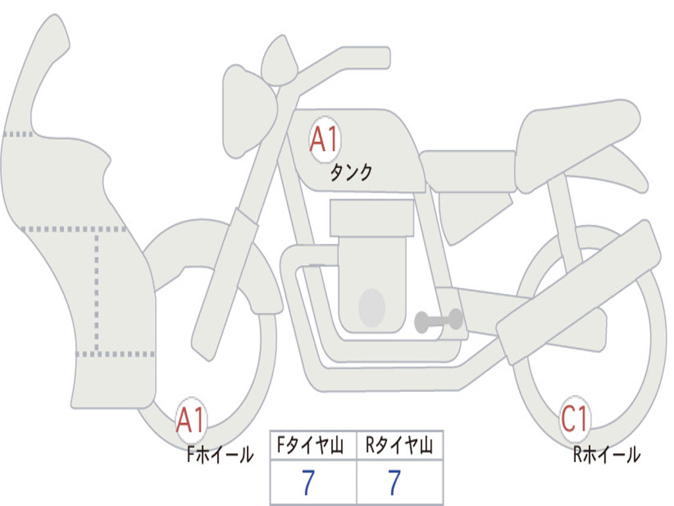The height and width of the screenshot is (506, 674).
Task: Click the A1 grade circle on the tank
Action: tap(324, 139)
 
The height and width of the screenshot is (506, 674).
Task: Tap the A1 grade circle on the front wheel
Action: tap(191, 420)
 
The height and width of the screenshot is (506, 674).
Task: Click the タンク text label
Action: tap(351, 173)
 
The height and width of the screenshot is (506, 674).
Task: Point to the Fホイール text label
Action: tap(220, 455)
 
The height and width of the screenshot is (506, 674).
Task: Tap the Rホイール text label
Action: tap(606, 455)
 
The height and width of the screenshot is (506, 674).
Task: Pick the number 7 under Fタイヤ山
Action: tap(308, 483)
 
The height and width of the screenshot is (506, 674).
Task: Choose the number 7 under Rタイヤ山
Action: tap(394, 483)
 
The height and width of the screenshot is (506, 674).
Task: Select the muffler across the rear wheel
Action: tap(579, 290)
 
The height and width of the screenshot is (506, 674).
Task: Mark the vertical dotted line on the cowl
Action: tap(97, 290)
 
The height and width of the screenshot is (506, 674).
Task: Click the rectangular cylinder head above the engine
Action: tap(372, 218)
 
